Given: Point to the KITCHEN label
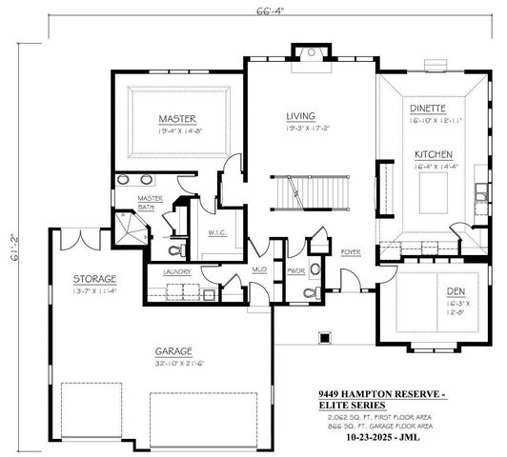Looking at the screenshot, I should coord(433,153).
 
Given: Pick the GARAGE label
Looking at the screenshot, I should coord(174,350).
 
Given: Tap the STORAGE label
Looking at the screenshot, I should coord(93,278).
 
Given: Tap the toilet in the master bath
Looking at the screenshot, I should coord(172,251).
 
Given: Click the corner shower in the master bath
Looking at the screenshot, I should coord(128,225).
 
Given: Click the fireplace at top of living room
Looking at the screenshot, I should coord(309,53).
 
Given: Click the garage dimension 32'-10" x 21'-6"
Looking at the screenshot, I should coord(174,363).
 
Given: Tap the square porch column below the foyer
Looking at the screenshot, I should coord(325,336).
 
